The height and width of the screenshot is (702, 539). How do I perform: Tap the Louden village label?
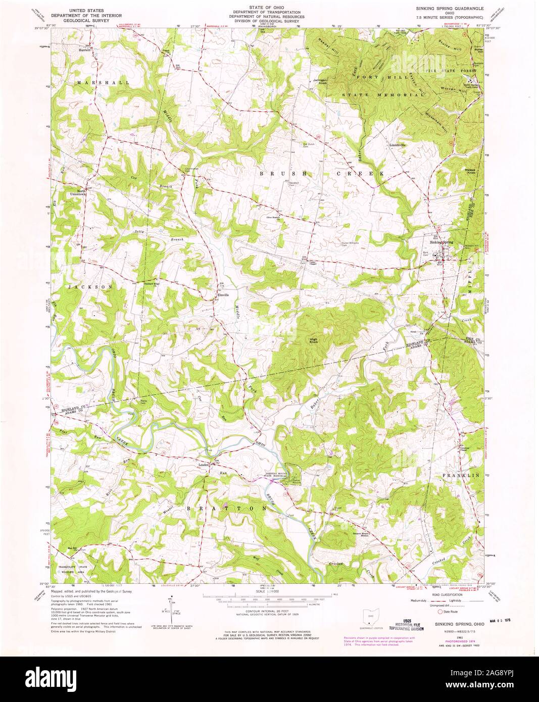pos(204,463)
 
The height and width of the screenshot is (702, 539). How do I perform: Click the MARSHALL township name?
pos(96,82)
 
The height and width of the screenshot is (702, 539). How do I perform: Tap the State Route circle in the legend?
pos(439,611)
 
